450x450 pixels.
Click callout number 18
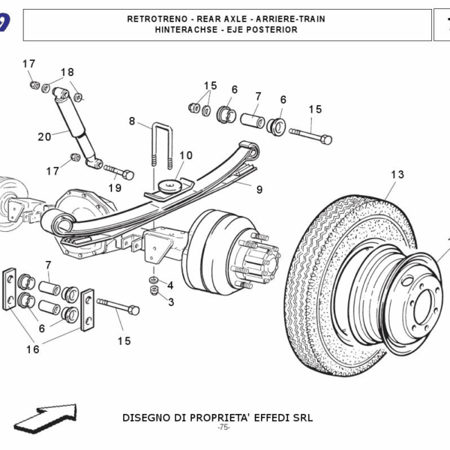(x=67, y=73)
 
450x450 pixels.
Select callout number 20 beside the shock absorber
(x=44, y=136)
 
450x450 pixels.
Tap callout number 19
(x=115, y=187)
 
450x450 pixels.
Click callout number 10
(x=185, y=156)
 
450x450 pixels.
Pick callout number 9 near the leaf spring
(x=259, y=189)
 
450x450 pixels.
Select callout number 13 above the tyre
(x=397, y=175)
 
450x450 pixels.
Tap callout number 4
(x=170, y=286)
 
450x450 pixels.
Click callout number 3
(x=170, y=302)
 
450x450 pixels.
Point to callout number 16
(x=32, y=349)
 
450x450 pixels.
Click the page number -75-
(x=223, y=427)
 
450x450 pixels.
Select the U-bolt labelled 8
(x=163, y=145)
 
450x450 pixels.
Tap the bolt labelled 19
(x=118, y=171)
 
